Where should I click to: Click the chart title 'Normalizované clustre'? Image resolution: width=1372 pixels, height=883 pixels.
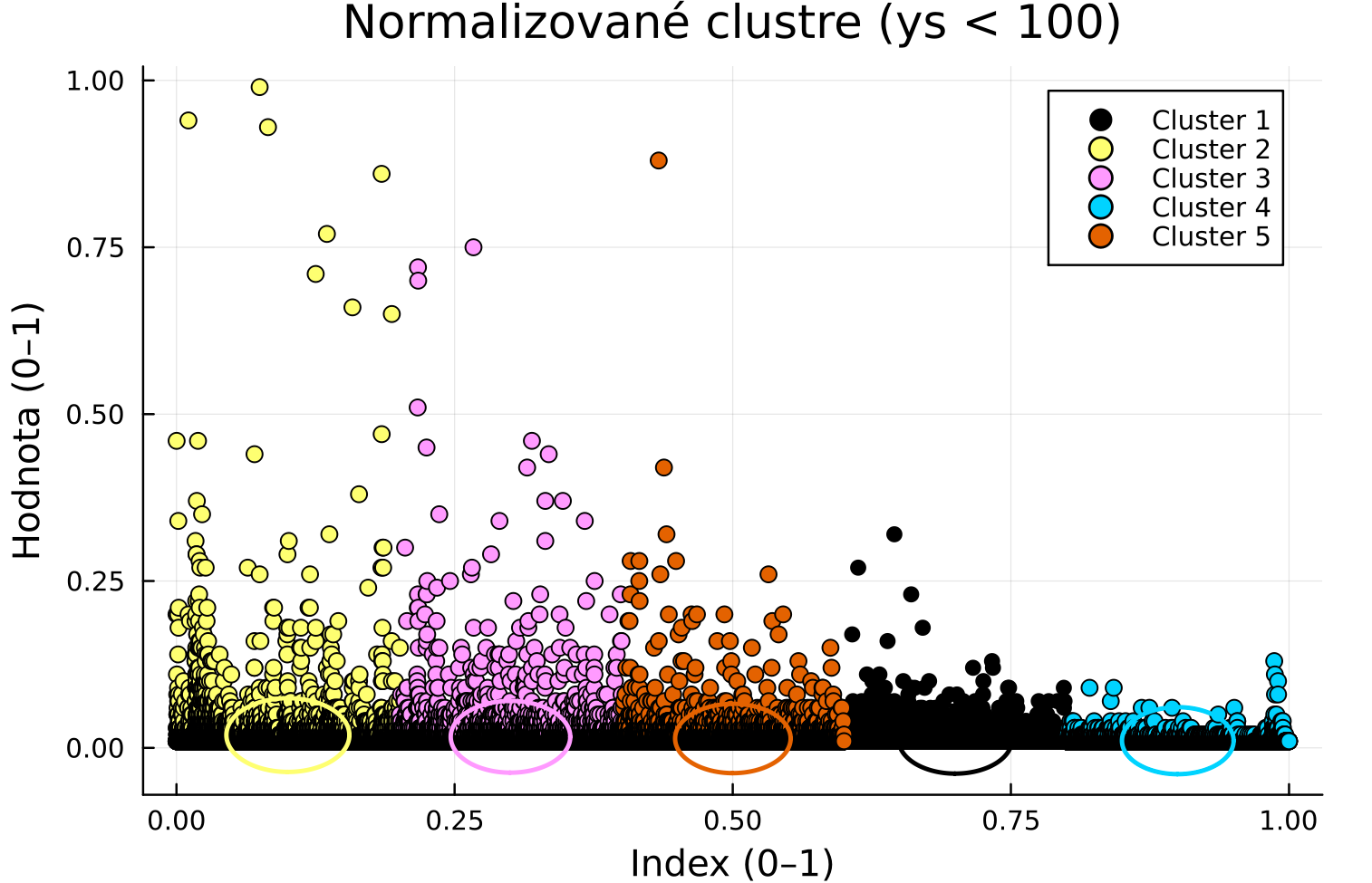pos(731,23)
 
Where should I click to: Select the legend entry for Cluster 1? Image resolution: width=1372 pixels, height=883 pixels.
pos(1210,120)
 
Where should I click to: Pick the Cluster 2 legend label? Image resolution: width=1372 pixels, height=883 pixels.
pos(1210,149)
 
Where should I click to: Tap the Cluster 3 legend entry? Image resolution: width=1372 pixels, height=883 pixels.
pos(1210,178)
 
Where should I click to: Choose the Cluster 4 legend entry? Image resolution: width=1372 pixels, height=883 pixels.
pos(1210,207)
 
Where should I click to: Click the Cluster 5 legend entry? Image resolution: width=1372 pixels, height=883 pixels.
pos(1210,236)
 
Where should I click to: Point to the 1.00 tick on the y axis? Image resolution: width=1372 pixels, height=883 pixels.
pos(94,81)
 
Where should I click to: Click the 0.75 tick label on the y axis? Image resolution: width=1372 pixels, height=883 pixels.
pos(94,247)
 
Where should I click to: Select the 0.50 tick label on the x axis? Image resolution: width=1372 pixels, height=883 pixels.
pos(732,821)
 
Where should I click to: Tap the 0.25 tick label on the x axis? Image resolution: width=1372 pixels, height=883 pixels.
pos(454,821)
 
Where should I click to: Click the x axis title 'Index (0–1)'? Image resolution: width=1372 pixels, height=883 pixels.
pos(731,863)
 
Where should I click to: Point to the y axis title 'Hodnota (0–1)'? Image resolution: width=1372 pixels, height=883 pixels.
pos(27,430)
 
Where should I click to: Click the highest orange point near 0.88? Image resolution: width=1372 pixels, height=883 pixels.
pos(659,160)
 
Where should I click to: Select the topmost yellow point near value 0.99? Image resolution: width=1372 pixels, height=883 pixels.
pos(259,87)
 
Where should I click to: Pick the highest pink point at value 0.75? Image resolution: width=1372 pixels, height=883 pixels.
pos(473,247)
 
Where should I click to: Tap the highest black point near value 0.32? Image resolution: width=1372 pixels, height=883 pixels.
pos(894,533)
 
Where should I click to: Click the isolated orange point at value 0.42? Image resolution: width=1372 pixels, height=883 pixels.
pos(663,467)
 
